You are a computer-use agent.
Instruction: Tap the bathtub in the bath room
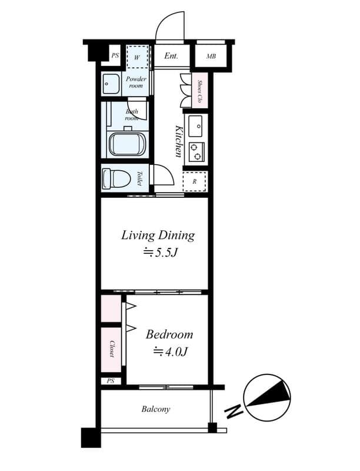click(x=126, y=145)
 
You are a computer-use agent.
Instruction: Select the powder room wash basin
click(x=110, y=84)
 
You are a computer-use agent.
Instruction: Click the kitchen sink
click(x=195, y=125)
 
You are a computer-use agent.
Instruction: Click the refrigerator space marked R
click(x=195, y=181)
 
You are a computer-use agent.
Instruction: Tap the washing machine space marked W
click(x=138, y=57)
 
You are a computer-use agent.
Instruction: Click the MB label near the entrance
click(x=211, y=57)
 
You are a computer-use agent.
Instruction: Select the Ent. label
click(x=171, y=57)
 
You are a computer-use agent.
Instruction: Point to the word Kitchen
click(x=178, y=141)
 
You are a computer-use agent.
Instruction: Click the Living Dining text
click(x=158, y=235)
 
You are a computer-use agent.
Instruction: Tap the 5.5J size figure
click(x=158, y=253)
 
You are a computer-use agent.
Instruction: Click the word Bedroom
click(x=169, y=334)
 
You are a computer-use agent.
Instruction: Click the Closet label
click(x=111, y=349)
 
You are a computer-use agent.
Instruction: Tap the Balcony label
click(x=155, y=409)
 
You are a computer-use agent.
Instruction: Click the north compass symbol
click(x=267, y=397)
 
